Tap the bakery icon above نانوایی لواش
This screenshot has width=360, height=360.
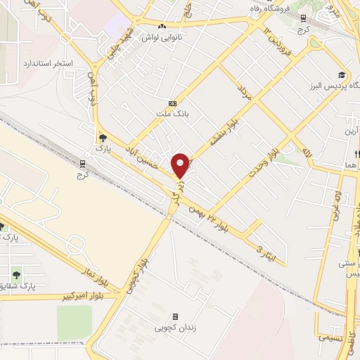click(162, 26)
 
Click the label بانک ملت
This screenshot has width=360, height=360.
click(172, 112)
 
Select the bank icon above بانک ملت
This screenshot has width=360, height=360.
click(172, 103)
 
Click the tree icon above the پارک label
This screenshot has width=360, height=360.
click(103, 138)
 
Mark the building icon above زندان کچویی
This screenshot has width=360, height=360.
click(175, 316)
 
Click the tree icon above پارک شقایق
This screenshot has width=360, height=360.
click(16, 273)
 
